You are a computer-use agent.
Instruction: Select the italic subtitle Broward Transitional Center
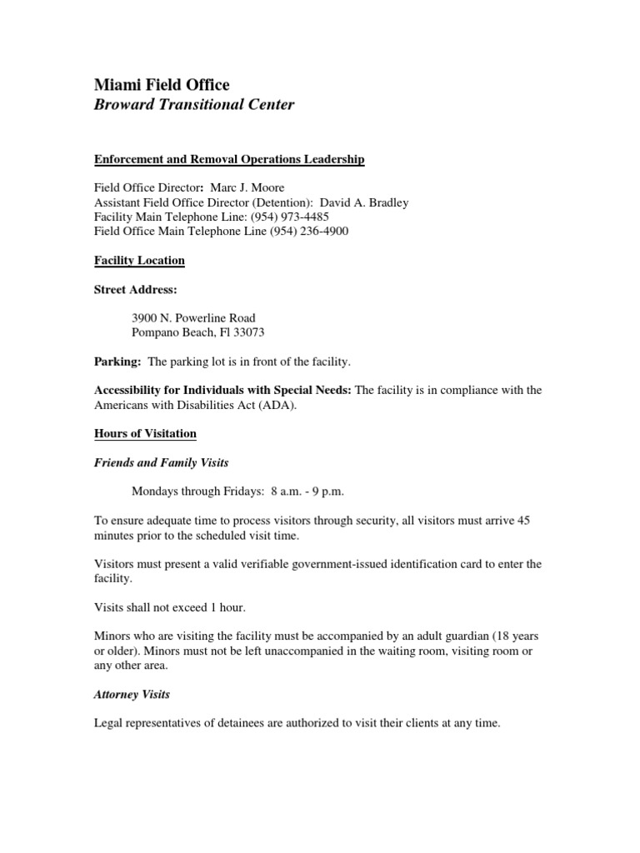(x=193, y=106)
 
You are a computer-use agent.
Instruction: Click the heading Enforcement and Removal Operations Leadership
(x=229, y=159)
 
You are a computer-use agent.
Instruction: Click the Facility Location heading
(x=139, y=261)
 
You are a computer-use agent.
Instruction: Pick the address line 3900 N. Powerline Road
(x=193, y=318)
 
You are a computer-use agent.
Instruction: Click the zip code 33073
(x=251, y=332)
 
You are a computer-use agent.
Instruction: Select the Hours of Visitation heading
(x=145, y=434)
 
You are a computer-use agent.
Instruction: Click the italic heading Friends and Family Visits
(x=161, y=462)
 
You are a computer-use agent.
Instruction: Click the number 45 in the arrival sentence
(x=523, y=521)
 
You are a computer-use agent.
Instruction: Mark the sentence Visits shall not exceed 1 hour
(x=169, y=607)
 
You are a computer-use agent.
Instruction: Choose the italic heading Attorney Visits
(x=132, y=694)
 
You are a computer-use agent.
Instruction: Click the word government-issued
(x=312, y=564)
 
